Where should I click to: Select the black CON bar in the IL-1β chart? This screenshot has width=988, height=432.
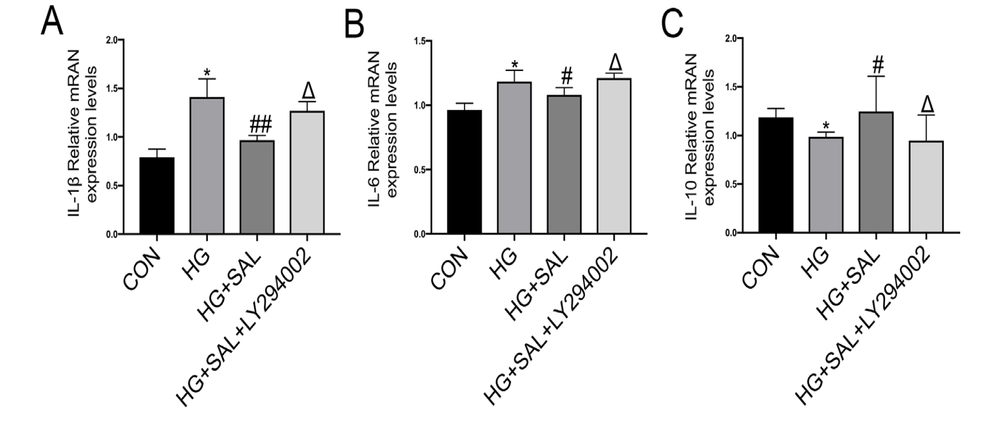[157, 196]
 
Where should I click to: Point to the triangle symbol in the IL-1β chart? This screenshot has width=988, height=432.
[308, 91]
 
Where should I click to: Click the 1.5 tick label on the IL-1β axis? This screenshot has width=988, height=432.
[111, 88]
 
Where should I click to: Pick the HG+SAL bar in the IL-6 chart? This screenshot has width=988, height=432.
[564, 165]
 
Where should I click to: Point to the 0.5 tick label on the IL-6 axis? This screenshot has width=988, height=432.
[425, 170]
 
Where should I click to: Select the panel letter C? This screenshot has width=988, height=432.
[672, 22]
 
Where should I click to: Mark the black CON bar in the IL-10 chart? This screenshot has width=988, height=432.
[775, 175]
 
